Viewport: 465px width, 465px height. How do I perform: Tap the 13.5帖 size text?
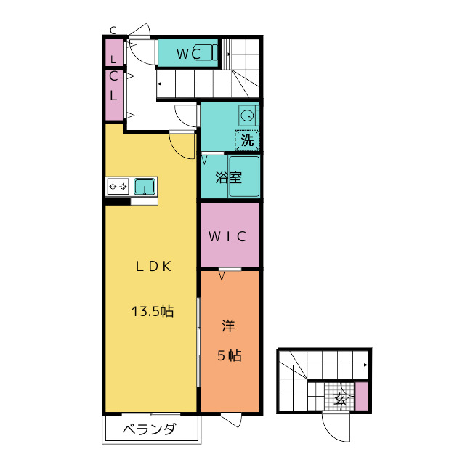[x=153, y=312]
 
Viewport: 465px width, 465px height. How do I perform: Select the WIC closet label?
[x=230, y=236]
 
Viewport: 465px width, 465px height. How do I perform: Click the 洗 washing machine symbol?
[x=247, y=139]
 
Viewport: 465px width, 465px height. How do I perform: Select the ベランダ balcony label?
[x=150, y=429]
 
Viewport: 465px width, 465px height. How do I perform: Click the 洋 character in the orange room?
[x=229, y=327]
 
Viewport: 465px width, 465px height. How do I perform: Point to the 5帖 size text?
[x=229, y=356]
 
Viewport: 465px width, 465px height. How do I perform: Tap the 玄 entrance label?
[x=339, y=399]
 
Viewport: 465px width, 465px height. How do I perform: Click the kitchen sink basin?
[x=145, y=187]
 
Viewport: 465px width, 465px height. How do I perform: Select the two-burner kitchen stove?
[x=118, y=187]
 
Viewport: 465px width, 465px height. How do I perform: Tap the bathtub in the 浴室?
[x=244, y=177]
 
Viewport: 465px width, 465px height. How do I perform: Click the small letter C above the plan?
[x=113, y=30]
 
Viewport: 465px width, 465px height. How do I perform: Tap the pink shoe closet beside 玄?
[x=361, y=399]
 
